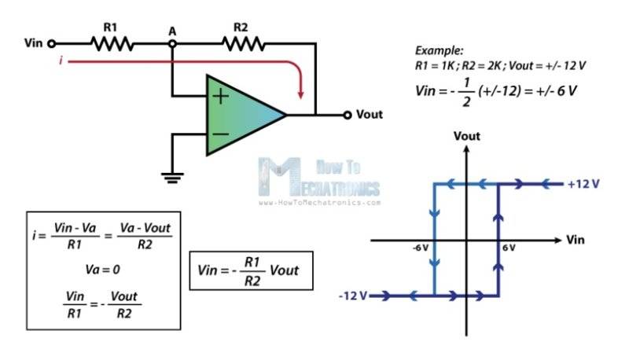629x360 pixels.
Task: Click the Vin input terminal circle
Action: point(51,43)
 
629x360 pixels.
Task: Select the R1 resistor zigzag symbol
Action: point(112,43)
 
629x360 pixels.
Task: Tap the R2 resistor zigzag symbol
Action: point(244,43)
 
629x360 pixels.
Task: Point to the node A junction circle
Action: point(172,43)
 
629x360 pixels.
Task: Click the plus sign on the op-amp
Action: point(220,96)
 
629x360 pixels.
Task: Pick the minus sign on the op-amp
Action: point(220,134)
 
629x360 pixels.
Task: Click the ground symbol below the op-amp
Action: point(172,178)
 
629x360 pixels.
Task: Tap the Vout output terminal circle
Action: point(348,115)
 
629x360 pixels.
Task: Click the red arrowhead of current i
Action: point(300,94)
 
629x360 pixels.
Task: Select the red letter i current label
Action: point(61,61)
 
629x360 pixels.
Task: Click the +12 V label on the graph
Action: point(583,184)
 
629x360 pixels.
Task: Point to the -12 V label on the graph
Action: point(353,296)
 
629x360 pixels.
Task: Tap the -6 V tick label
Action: point(421,248)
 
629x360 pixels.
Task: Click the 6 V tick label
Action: point(509,248)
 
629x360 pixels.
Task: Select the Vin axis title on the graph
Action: point(576,240)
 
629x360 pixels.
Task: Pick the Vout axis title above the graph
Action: point(466,136)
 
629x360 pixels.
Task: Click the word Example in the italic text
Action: point(439,50)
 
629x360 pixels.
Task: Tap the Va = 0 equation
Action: point(103,270)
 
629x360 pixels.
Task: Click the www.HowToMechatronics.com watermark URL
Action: point(319,203)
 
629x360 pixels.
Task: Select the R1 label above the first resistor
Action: point(110,28)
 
